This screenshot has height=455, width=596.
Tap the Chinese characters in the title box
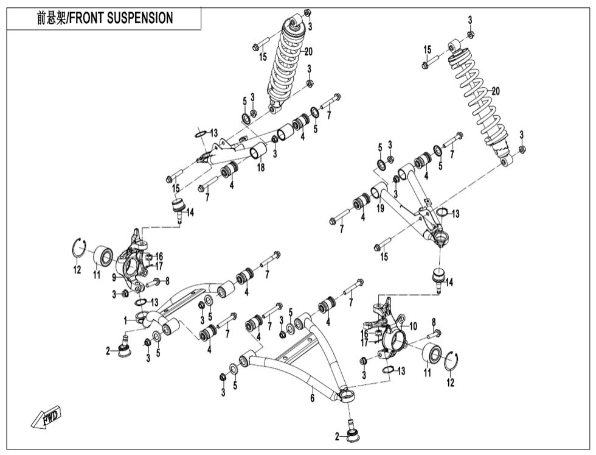pos(50,18)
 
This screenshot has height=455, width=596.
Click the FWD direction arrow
pos(44,419)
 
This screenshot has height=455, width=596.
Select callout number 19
pos(381,208)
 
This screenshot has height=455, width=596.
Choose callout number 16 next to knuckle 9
pos(161,256)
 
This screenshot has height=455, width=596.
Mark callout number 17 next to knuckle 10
pos(363,342)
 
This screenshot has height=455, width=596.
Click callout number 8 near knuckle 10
pos(434,322)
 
